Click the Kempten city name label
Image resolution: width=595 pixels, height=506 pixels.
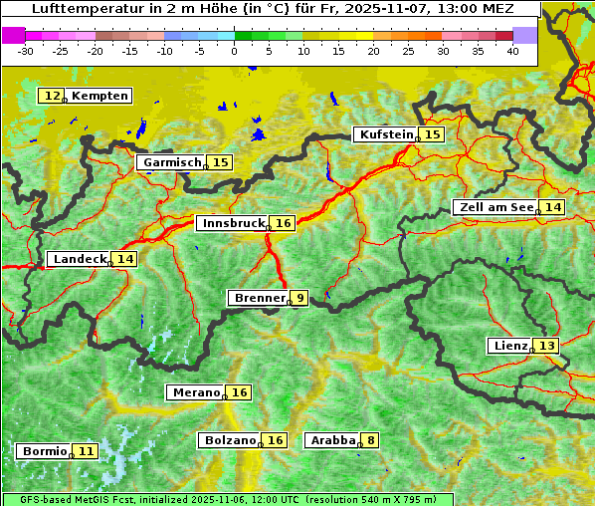coord(99,96)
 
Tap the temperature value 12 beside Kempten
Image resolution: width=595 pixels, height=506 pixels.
coord(53,96)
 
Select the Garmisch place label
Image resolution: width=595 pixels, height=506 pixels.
coord(172,162)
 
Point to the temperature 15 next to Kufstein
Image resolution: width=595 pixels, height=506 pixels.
coord(432,134)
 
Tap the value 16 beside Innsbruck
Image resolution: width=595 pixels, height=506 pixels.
coord(284,223)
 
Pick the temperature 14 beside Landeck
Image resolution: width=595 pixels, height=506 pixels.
coord(124,259)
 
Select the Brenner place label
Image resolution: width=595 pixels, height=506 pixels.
coord(259,298)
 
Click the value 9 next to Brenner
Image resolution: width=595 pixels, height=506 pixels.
coord(299,298)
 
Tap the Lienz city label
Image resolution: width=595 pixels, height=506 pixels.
coord(509,346)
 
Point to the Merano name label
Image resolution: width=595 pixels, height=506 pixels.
coord(194,392)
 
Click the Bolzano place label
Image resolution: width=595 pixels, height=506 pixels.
coord(231,439)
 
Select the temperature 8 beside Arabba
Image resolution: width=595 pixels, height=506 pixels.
coord(371,439)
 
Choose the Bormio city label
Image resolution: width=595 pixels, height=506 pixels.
coord(45,451)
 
